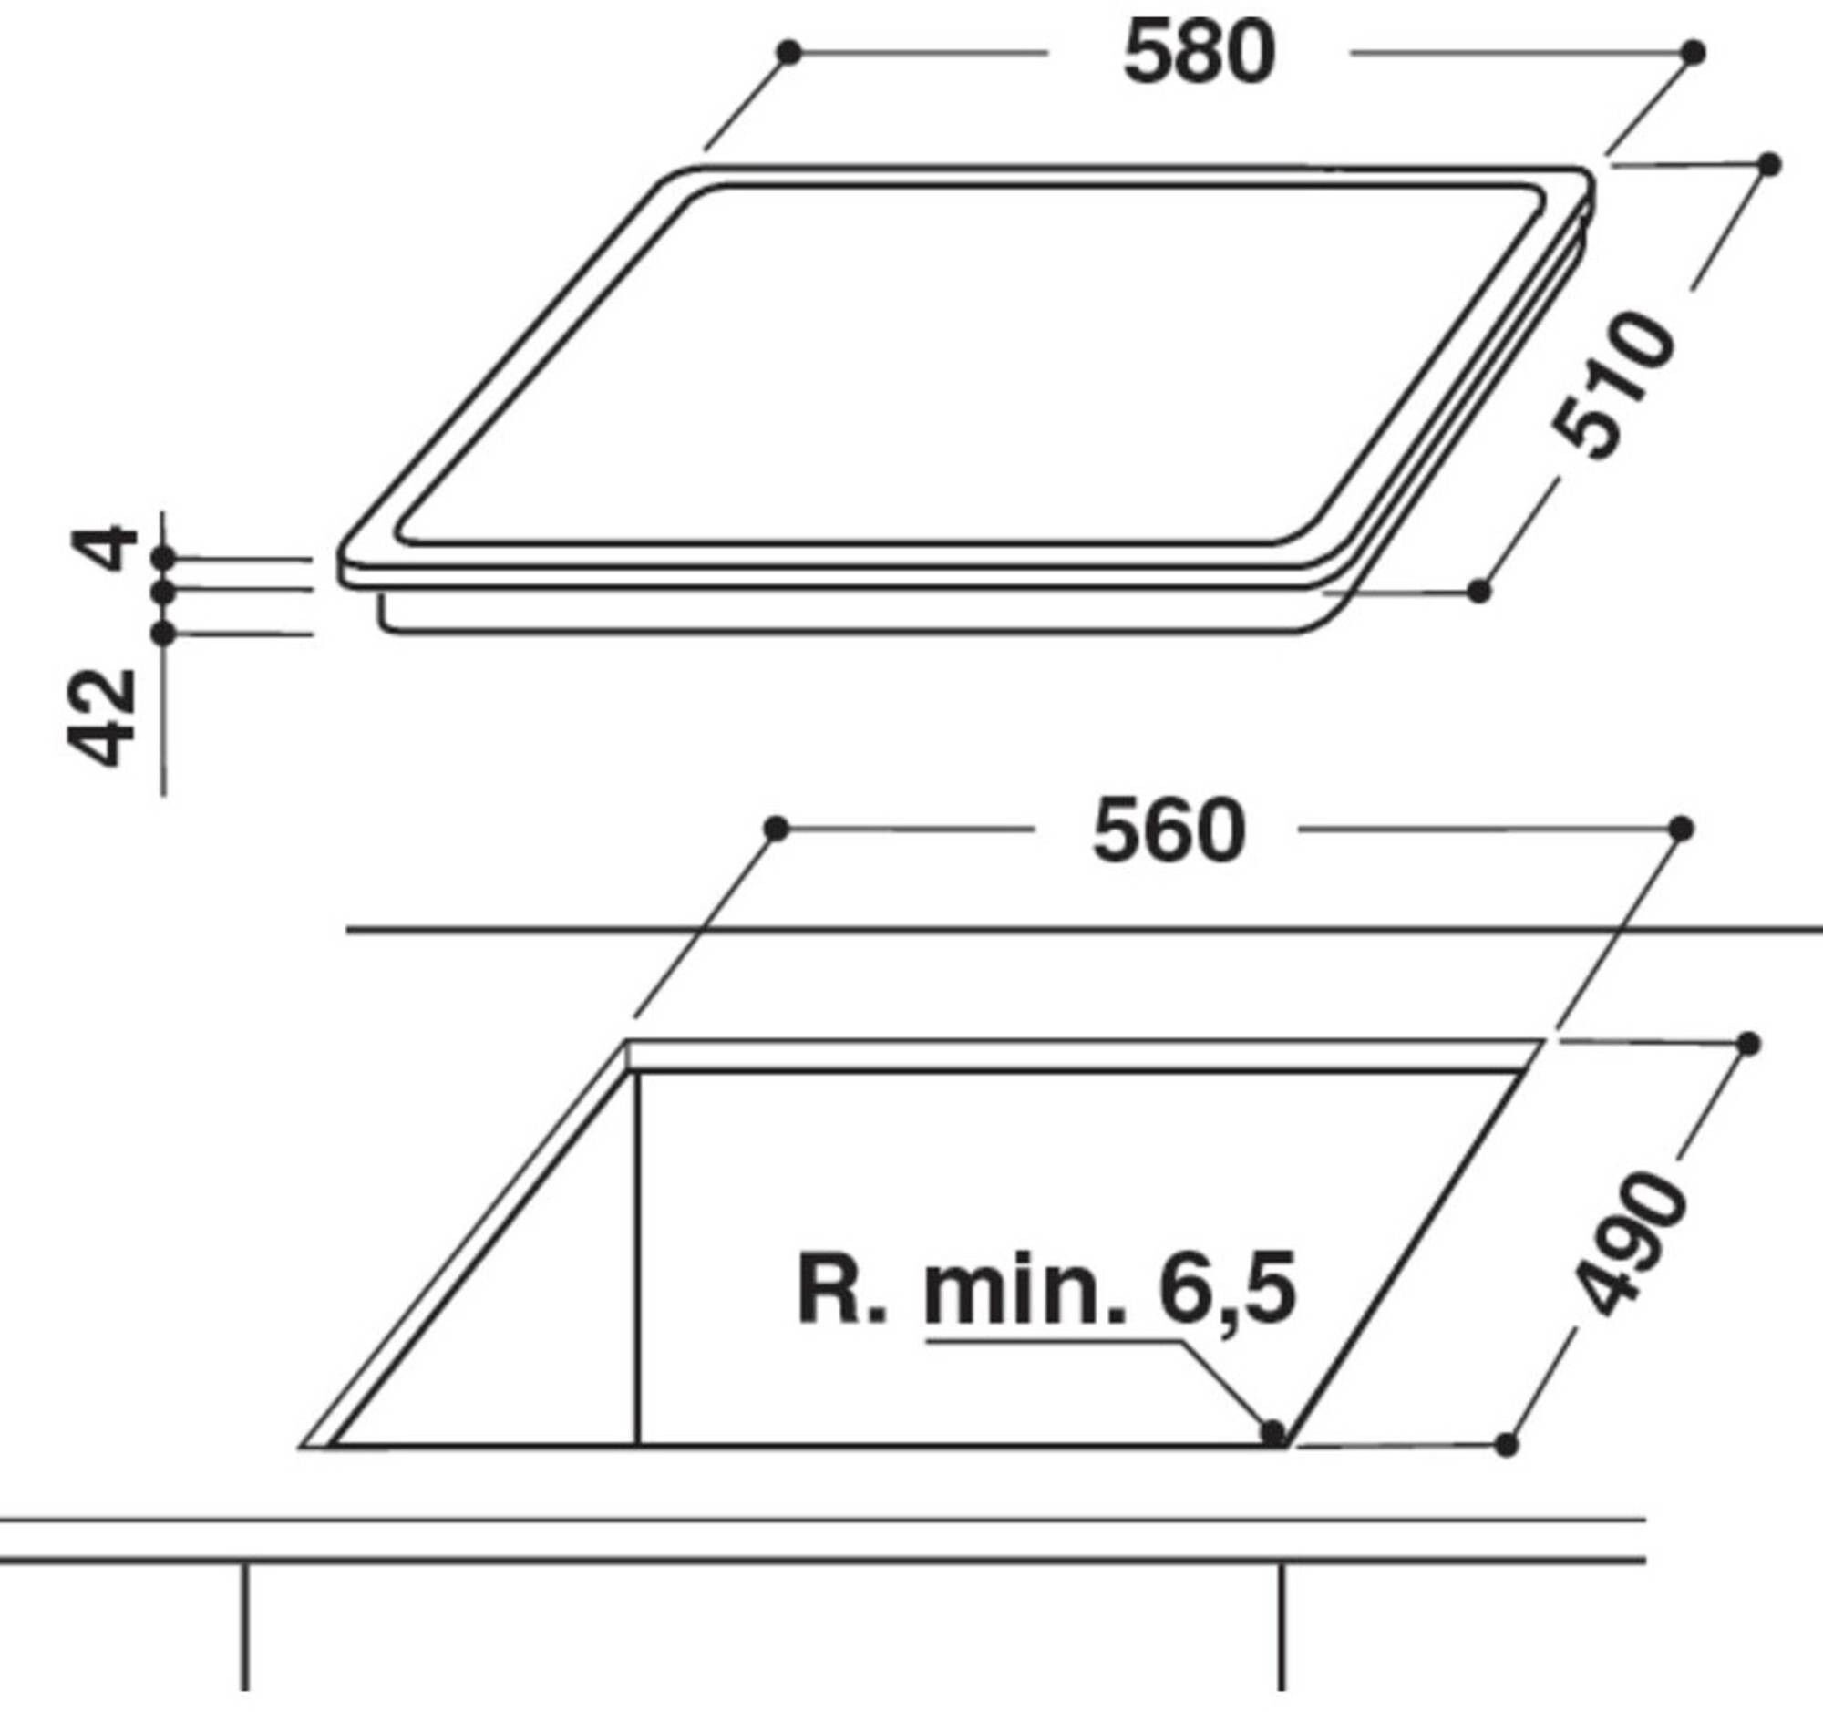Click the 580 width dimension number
coord(1200,54)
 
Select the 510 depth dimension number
coord(1613,385)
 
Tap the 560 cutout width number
coord(1169,831)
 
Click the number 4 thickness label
coord(104,548)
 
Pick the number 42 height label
coord(103,717)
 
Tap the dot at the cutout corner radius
coord(1272,1431)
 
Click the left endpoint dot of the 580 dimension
coord(788,52)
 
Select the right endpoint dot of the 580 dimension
coord(1694,52)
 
